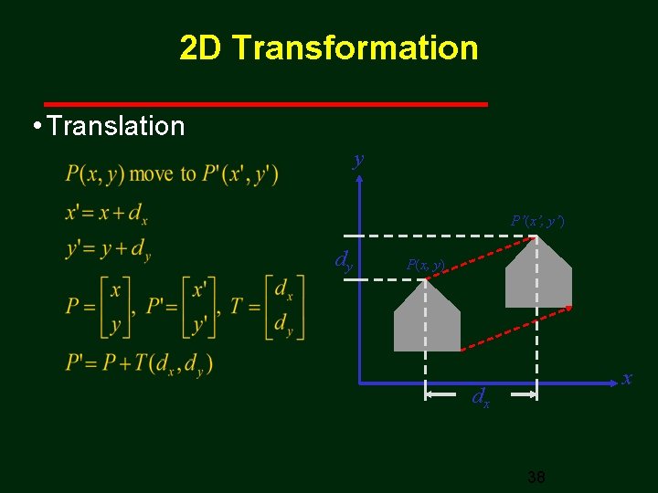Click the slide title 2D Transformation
pyautogui.click(x=328, y=47)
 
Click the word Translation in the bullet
pyautogui.click(x=115, y=126)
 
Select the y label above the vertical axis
pyautogui.click(x=358, y=160)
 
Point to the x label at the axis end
pyautogui.click(x=627, y=377)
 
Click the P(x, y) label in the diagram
pyautogui.click(x=425, y=265)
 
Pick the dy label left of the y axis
pyautogui.click(x=344, y=262)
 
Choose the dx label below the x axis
pyautogui.click(x=481, y=397)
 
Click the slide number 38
pyautogui.click(x=536, y=477)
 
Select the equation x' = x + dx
pyautogui.click(x=107, y=213)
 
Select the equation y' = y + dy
pyautogui.click(x=108, y=249)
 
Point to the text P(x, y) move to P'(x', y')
pyautogui.click(x=172, y=173)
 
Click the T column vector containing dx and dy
pyautogui.click(x=283, y=306)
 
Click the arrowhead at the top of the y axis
pyautogui.click(x=360, y=179)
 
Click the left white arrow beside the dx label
pyautogui.click(x=443, y=395)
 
